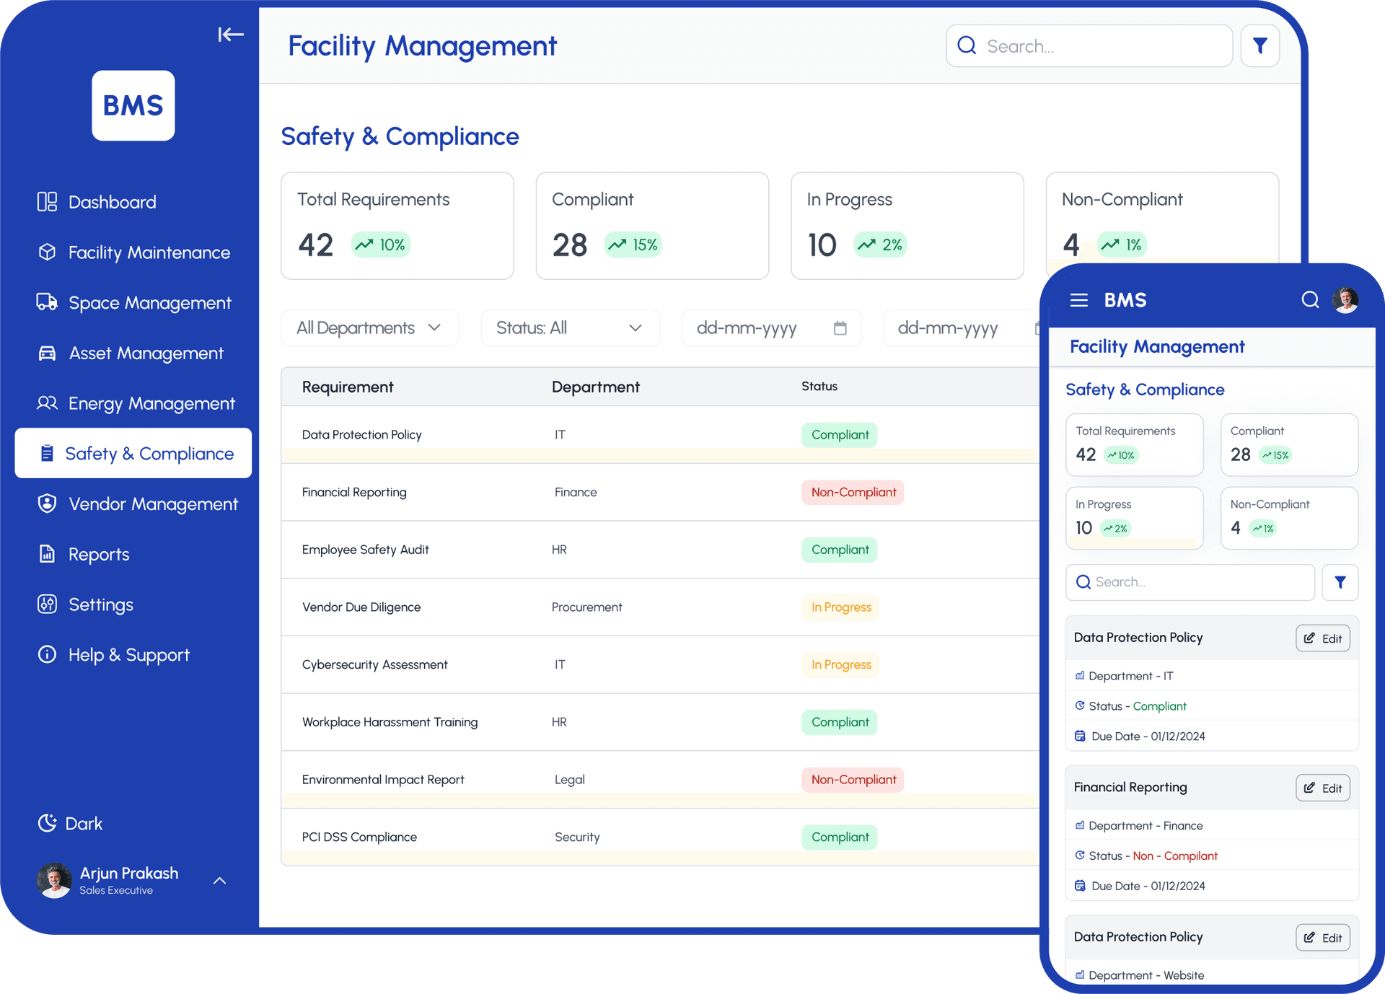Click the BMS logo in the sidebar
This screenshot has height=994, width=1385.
(133, 105)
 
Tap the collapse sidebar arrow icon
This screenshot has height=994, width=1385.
(231, 34)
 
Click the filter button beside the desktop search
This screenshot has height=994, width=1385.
(1259, 46)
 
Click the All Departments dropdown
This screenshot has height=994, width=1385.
(369, 328)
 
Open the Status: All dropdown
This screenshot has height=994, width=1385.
(569, 328)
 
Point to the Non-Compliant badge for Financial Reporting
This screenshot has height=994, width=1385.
(853, 493)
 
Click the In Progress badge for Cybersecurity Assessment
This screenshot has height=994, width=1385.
(840, 665)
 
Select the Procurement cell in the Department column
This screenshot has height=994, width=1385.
(586, 607)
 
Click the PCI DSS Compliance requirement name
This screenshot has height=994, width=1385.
(359, 837)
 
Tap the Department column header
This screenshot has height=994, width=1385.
(595, 387)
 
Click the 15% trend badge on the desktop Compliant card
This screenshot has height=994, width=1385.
(633, 245)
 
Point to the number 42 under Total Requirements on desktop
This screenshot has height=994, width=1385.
(315, 245)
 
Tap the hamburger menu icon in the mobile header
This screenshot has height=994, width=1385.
(1078, 300)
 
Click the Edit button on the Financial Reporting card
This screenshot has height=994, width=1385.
(1322, 788)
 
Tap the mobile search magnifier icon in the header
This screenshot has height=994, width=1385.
(1309, 300)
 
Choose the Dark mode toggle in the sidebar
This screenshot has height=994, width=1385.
(71, 823)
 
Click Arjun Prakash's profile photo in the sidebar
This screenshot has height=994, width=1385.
(55, 880)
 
